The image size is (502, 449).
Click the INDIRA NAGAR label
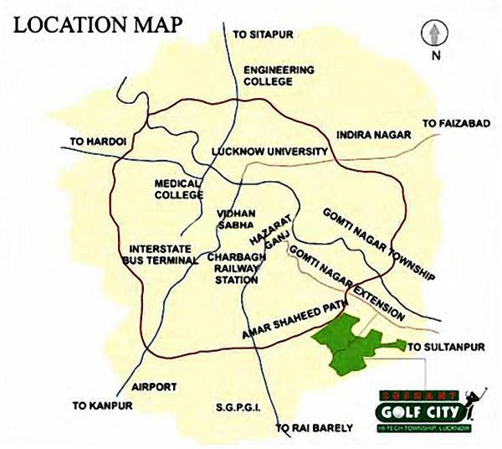coord(372,134)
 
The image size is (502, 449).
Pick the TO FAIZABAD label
coord(456,123)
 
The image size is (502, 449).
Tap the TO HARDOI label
coord(99,142)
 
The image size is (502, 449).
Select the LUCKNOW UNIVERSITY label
coord(269,152)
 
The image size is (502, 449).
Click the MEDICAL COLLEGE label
coord(178,189)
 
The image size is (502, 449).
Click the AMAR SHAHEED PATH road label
coord(294,321)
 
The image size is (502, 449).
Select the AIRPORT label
coord(154,387)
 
